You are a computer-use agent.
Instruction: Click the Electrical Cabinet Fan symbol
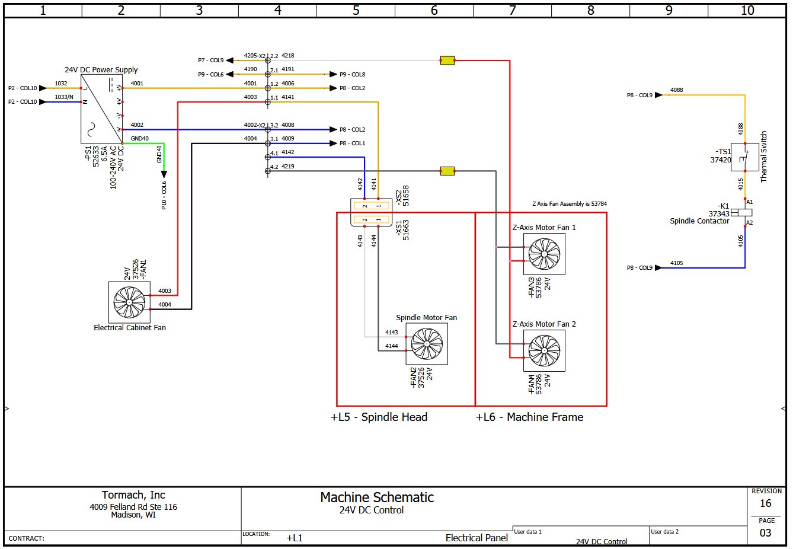[129, 302]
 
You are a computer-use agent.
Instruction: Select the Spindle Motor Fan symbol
[427, 343]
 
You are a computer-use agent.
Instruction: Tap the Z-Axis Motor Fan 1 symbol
[544, 254]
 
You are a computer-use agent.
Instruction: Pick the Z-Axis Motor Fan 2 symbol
[544, 350]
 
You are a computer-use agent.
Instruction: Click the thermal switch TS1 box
[745, 157]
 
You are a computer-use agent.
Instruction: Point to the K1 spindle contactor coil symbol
[741, 212]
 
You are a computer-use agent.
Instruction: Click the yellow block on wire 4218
[447, 60]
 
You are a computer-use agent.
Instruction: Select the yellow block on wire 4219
[447, 171]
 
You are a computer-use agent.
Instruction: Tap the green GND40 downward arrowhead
[164, 174]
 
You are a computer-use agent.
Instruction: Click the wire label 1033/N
[64, 97]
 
